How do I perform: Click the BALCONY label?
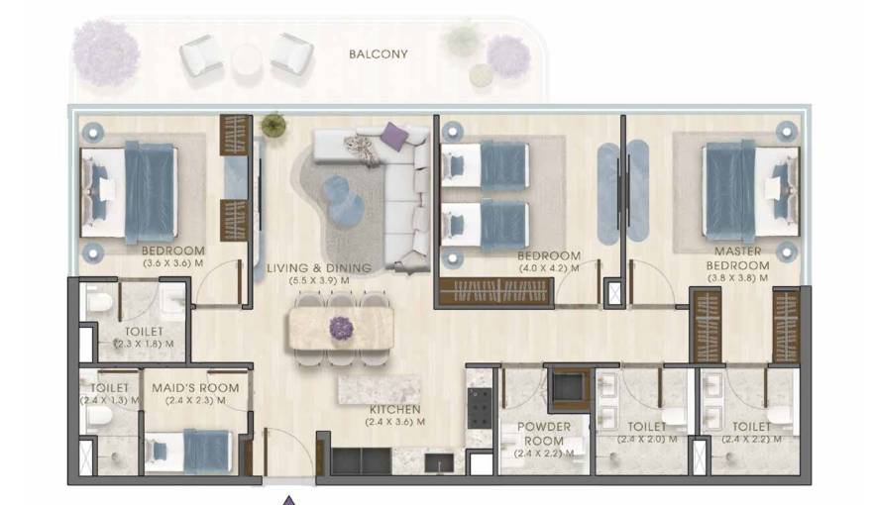point(378,53)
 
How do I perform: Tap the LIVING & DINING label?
point(318,267)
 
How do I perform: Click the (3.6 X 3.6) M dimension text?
point(172,263)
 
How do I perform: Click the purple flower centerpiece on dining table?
point(342,326)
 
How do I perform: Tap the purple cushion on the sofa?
point(394,136)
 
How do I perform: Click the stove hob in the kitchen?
point(480,406)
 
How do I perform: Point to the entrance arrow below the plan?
point(289,498)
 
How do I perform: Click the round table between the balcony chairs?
point(248,60)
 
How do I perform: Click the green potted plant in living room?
point(272,125)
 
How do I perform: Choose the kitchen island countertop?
point(380,387)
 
